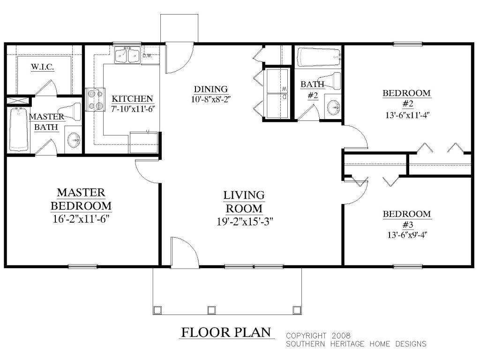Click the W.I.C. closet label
[x=43, y=67]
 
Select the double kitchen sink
[x=127, y=56]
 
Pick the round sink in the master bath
[x=74, y=139]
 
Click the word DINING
[x=210, y=89]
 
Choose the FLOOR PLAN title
[x=226, y=333]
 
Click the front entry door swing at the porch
[x=182, y=252]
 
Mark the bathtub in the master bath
[x=19, y=129]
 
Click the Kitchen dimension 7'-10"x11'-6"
[x=133, y=109]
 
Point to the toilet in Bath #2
[x=331, y=81]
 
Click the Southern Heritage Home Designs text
[x=356, y=344]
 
